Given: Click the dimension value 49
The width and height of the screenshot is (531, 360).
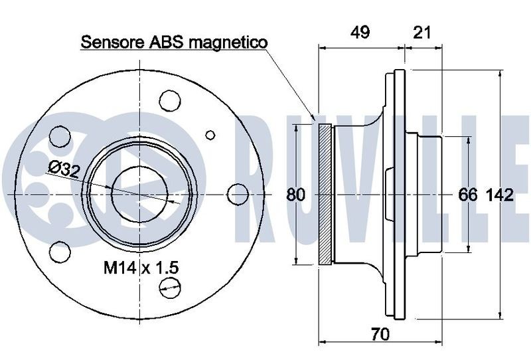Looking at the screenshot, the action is pyautogui.click(x=360, y=33).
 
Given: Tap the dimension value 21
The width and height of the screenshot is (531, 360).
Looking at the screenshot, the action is pyautogui.click(x=422, y=33).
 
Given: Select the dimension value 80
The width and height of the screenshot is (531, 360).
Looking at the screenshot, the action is pyautogui.click(x=295, y=195).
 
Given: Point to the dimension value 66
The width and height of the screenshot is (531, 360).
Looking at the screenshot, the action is pyautogui.click(x=468, y=195).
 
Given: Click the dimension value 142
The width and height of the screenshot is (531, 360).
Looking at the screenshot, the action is pyautogui.click(x=500, y=195).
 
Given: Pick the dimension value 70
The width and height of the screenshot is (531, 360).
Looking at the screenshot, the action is pyautogui.click(x=380, y=335).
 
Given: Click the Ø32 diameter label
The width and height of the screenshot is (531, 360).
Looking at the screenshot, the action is pyautogui.click(x=64, y=170).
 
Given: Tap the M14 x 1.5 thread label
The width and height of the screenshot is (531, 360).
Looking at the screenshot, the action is pyautogui.click(x=141, y=268).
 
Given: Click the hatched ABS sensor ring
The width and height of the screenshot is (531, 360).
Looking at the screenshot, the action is pyautogui.click(x=325, y=194).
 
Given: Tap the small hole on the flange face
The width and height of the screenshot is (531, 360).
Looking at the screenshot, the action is pyautogui.click(x=210, y=135).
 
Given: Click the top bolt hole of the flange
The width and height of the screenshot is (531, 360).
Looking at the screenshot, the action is pyautogui.click(x=170, y=101).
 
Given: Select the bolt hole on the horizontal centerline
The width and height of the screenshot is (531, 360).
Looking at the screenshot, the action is pyautogui.click(x=238, y=194).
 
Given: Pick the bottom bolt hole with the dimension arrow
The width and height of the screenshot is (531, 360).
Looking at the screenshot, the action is pyautogui.click(x=170, y=288).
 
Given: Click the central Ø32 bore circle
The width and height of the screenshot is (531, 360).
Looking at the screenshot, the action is pyautogui.click(x=140, y=194).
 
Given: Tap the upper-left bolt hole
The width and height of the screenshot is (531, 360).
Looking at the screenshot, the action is pyautogui.click(x=60, y=137).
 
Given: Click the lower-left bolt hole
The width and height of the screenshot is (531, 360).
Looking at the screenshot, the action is pyautogui.click(x=60, y=252).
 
